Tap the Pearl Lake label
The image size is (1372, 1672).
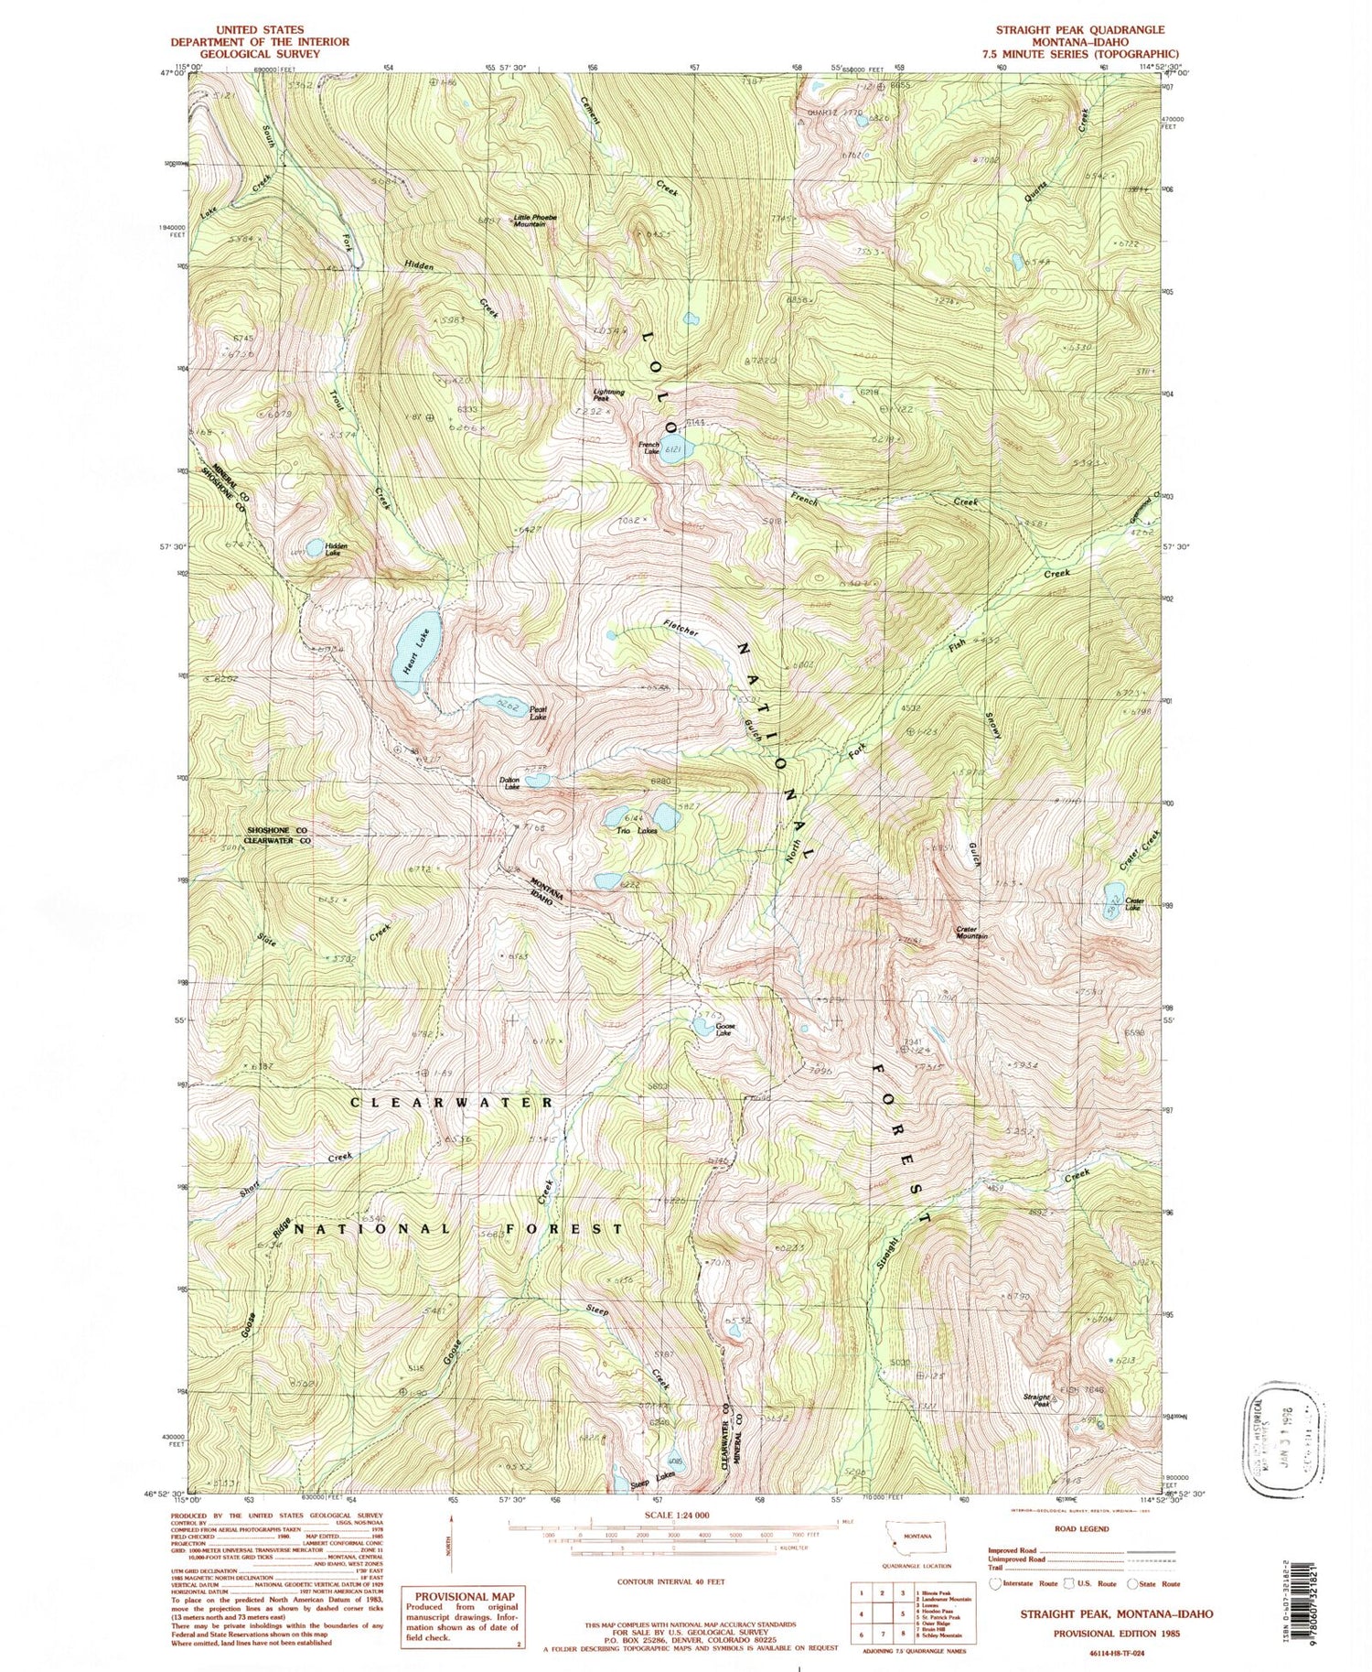(538, 713)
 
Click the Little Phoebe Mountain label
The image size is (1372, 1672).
(535, 221)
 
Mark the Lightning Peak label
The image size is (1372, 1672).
(608, 395)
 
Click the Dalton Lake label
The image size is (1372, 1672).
(509, 782)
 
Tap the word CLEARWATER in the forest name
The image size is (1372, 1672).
(452, 1103)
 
